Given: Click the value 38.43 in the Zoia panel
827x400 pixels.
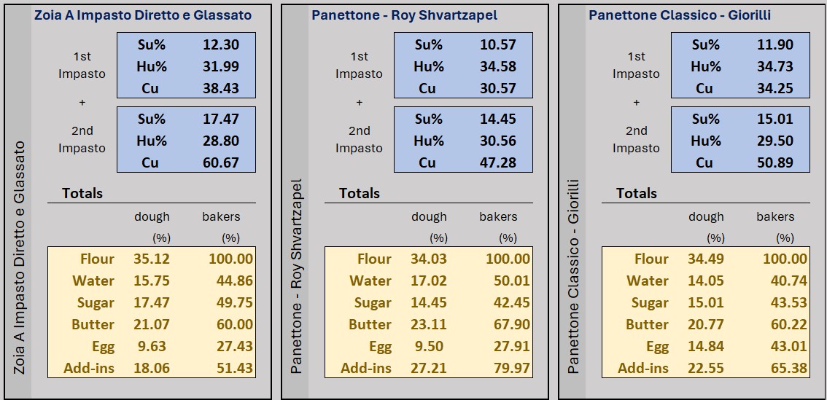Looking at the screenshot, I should (x=220, y=88).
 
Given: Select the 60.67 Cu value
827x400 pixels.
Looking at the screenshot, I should (x=220, y=162).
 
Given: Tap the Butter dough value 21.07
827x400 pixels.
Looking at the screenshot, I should (x=151, y=324).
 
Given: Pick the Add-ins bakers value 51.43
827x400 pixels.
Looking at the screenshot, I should (x=235, y=368).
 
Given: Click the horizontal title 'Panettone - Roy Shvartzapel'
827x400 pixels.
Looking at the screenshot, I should (x=405, y=15).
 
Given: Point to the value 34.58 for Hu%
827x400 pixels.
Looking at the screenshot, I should (x=497, y=66).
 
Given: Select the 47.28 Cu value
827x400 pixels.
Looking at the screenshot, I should (x=497, y=162).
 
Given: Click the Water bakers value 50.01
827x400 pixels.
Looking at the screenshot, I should (x=512, y=281).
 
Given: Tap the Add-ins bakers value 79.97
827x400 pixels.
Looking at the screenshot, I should (x=512, y=368).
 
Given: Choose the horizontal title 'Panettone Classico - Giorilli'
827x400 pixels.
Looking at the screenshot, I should (x=680, y=15).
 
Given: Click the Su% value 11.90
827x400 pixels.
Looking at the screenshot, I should (x=774, y=44).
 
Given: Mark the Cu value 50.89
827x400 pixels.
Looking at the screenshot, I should (x=774, y=162).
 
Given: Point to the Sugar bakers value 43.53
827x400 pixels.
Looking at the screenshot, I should (x=789, y=302).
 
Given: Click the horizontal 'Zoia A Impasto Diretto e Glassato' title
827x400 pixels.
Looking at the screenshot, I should (x=142, y=15).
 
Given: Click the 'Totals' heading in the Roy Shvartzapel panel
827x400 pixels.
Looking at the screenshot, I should (x=360, y=193).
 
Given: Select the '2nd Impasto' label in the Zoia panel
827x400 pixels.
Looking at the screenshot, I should (x=82, y=139).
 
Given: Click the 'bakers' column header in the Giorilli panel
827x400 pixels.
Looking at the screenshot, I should (x=775, y=216).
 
